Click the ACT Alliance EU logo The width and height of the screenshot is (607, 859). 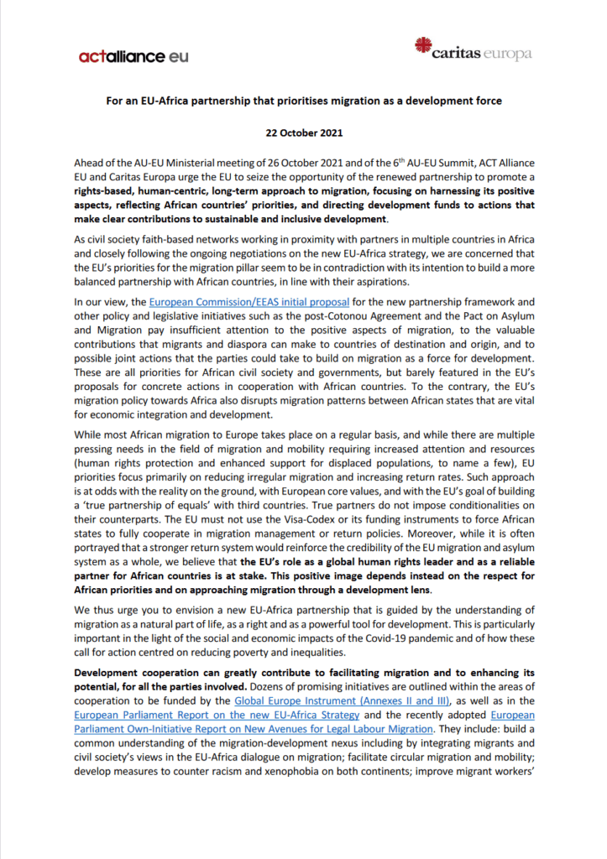[133, 56]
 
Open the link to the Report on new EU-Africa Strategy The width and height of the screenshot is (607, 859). [217, 715]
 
